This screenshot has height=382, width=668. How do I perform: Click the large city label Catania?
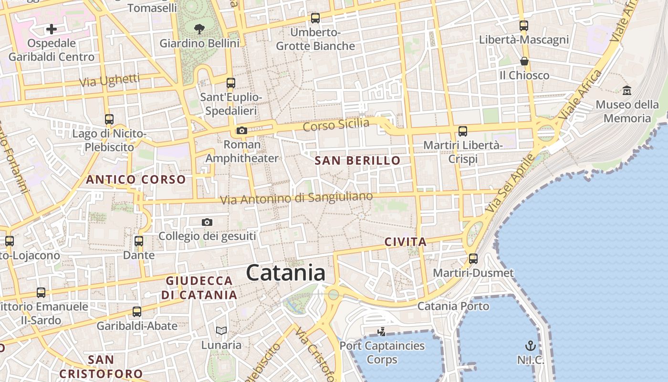(286, 273)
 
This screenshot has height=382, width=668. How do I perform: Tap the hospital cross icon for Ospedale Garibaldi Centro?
(51, 29)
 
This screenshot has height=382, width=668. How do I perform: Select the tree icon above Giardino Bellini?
(199, 29)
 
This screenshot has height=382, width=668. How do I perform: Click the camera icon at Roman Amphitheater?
(242, 130)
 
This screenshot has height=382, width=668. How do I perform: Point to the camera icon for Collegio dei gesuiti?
(207, 222)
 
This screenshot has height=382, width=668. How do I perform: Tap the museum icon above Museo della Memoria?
(626, 90)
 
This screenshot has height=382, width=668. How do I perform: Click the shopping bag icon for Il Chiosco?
(524, 61)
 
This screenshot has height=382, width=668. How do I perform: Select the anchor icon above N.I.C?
(530, 346)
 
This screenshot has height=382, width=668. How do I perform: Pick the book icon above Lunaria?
(221, 330)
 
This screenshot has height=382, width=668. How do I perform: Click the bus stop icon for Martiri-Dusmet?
(473, 259)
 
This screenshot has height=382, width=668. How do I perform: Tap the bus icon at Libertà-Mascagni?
(524, 26)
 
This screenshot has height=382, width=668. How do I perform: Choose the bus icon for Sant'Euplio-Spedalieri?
(231, 83)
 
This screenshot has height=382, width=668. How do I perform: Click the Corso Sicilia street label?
(336, 125)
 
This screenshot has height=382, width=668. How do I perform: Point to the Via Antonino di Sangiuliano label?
(296, 198)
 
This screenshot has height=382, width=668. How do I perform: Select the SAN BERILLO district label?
(357, 161)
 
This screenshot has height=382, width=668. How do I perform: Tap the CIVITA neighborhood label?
(406, 242)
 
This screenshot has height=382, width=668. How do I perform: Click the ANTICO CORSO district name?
(136, 180)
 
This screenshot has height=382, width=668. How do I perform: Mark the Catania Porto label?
(453, 306)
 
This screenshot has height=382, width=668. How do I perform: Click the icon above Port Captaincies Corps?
(381, 331)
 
